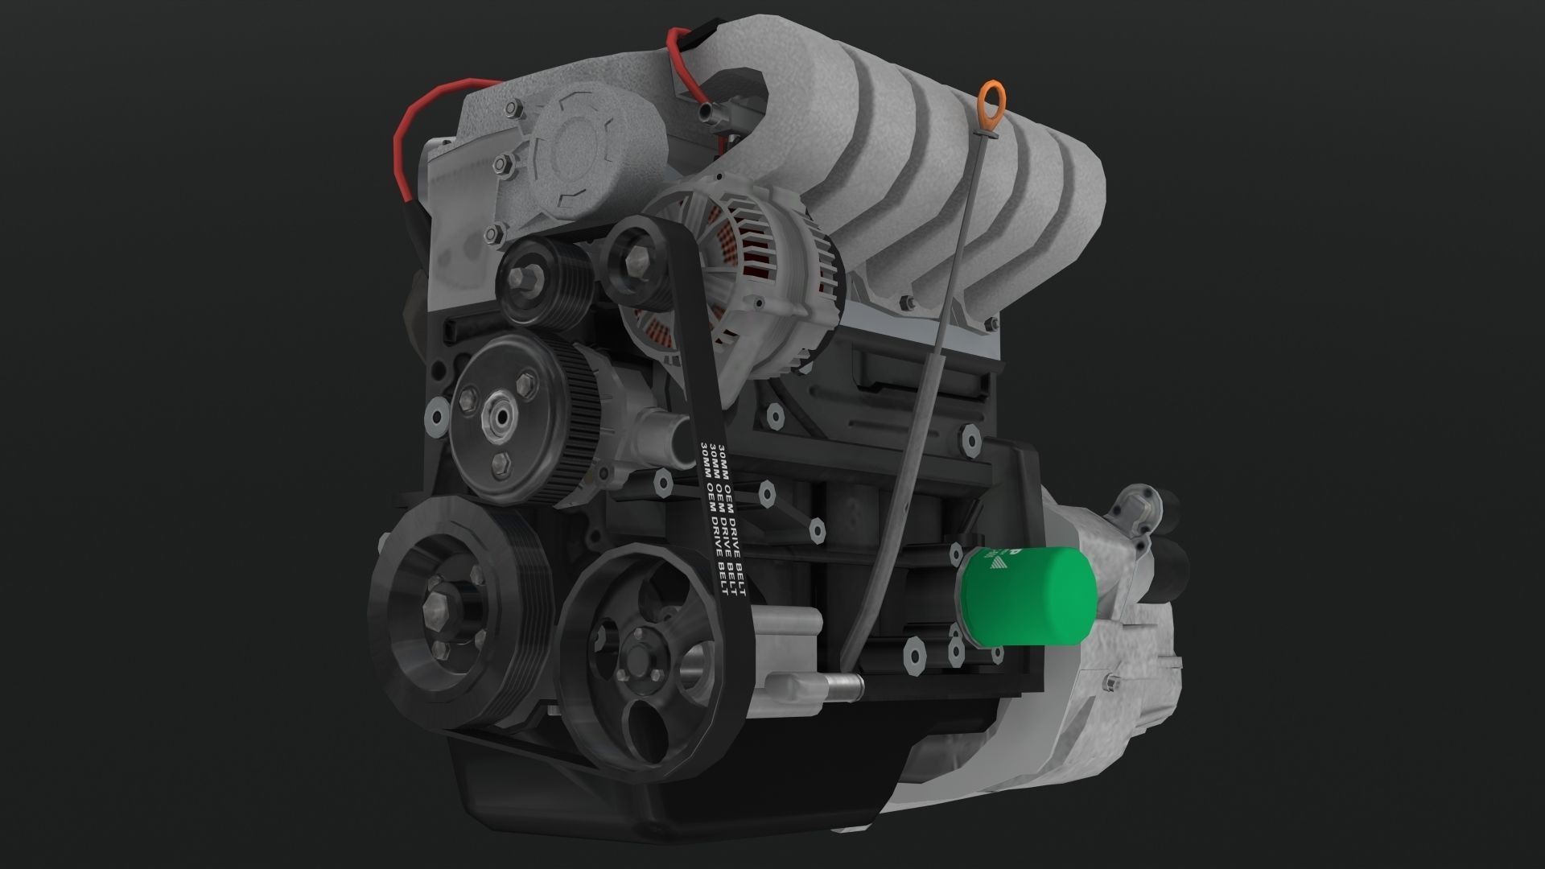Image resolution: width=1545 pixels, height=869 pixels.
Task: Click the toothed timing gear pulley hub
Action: (499, 418)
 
